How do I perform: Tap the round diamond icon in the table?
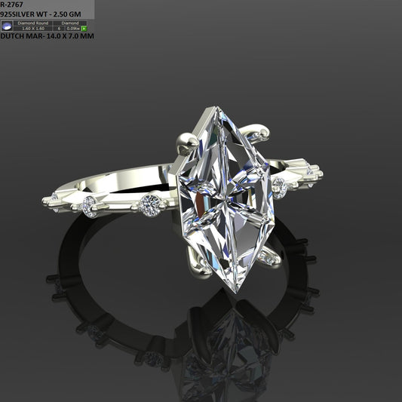point(7,26)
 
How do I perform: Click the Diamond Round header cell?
point(33,23)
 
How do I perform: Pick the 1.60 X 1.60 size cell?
point(33,29)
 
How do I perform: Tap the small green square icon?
point(84,29)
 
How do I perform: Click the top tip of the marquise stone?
point(218,108)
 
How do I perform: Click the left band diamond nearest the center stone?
point(151,203)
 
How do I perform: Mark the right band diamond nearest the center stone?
point(280,185)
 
